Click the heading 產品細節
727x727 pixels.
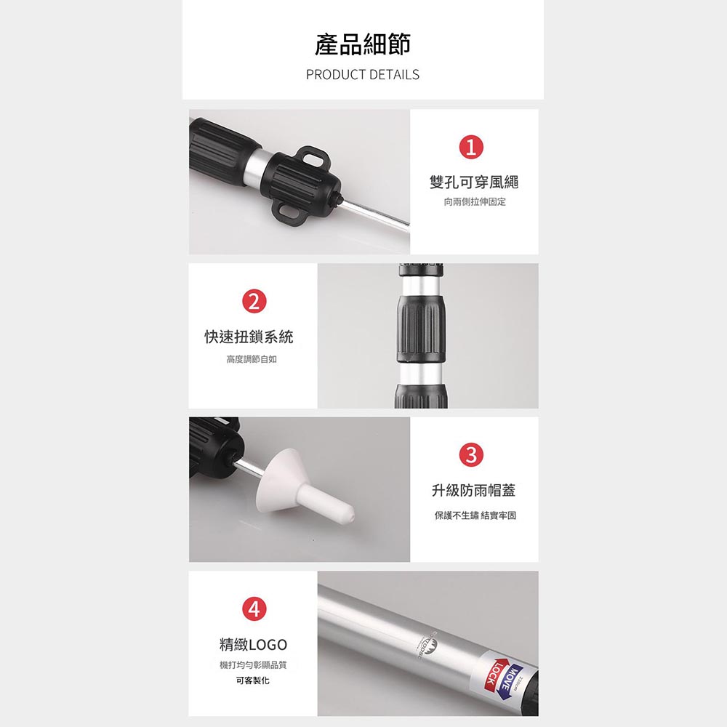click(363, 44)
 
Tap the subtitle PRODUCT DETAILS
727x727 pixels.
click(363, 74)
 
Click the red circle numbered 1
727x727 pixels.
click(471, 148)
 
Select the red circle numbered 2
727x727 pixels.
click(253, 301)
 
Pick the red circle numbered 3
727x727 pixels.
click(471, 455)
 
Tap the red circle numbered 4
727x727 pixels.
click(253, 609)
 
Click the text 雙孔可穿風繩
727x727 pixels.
click(474, 182)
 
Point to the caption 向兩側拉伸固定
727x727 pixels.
click(474, 201)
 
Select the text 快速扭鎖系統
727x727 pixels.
click(249, 337)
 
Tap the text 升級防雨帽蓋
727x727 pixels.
click(474, 491)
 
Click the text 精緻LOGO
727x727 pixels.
click(253, 645)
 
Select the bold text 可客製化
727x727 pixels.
click(253, 680)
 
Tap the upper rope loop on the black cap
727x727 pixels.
click(313, 157)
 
